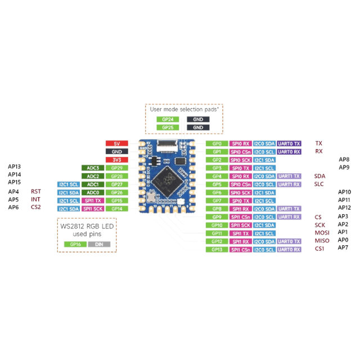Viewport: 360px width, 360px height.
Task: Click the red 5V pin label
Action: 117,143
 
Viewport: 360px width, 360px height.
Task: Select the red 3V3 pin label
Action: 117,160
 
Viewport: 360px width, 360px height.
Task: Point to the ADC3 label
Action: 93,168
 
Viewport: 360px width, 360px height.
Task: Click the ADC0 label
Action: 93,192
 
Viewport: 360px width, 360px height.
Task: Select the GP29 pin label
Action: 117,168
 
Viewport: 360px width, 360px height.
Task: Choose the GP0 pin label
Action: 217,143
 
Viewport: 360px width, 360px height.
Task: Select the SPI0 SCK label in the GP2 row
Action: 241,160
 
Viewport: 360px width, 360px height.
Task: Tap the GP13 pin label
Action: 217,249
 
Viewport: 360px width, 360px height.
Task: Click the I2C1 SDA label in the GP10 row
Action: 265,225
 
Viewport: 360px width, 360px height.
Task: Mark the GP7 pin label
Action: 217,200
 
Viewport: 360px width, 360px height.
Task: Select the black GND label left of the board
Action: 117,152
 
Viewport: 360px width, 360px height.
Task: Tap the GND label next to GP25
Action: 198,127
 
